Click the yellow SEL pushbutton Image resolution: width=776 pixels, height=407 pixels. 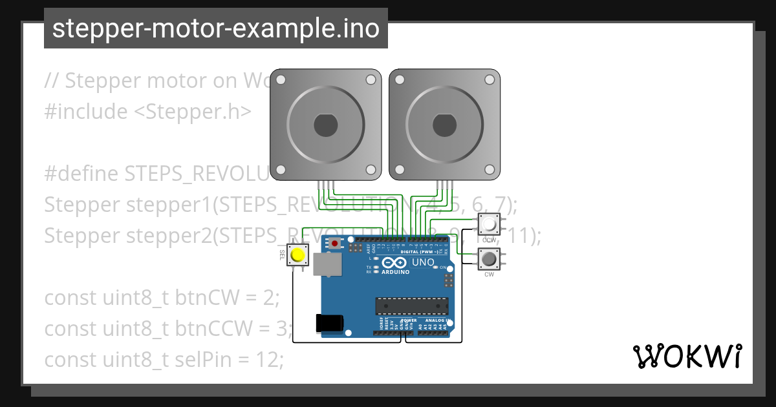pos(297,255)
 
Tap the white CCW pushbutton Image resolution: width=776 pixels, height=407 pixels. pos(489,225)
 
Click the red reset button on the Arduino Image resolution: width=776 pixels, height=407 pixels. pos(334,244)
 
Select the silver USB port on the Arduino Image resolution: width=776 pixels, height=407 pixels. pos(327,264)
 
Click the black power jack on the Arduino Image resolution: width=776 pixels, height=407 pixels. pos(329,322)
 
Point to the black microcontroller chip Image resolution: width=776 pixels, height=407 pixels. pos(412,306)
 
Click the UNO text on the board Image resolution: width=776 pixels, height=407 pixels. pos(423,263)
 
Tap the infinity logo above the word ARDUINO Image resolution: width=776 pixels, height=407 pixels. pos(395,263)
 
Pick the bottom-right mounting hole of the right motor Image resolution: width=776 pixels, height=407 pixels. pos(490,170)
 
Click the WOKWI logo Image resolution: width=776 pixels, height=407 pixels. pos(687,356)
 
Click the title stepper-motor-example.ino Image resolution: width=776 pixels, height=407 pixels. pos(215,28)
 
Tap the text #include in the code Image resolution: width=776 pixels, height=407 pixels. pos(86,112)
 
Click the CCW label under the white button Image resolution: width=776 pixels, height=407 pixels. pos(489,240)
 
